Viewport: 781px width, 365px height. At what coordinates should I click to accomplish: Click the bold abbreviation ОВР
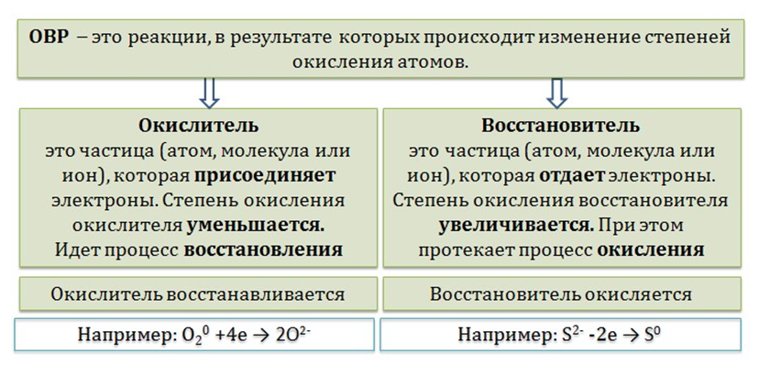coord(48,39)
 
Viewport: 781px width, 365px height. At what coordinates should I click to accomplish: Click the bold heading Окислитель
coord(198,126)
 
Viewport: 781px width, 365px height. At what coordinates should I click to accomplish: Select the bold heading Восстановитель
coord(561,126)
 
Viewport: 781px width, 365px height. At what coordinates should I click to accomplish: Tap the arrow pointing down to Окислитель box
coord(209,93)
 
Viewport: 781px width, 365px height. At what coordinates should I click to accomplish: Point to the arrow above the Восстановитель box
coord(556,93)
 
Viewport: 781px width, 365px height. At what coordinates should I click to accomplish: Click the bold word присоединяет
coord(265,175)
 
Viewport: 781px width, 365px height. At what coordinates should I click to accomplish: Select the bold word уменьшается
coord(256,225)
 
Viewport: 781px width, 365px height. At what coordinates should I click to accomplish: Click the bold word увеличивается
coord(516,225)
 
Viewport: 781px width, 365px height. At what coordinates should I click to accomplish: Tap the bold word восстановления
coord(263,249)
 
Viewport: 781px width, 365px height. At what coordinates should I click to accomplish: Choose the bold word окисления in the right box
coord(651,249)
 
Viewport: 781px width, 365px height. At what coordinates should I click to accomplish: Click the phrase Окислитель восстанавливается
coord(198,293)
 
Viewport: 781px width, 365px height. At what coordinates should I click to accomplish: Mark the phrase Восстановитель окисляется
coord(561,293)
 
